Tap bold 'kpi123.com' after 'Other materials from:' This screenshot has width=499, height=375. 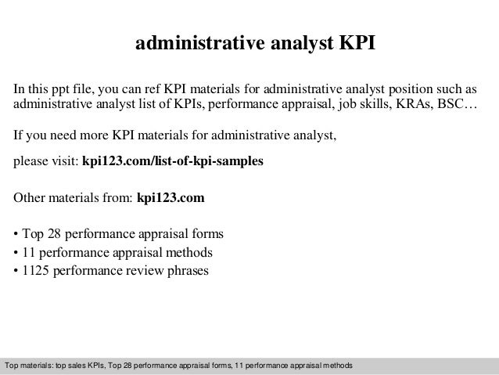click(171, 199)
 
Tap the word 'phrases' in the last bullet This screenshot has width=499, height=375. click(188, 272)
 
